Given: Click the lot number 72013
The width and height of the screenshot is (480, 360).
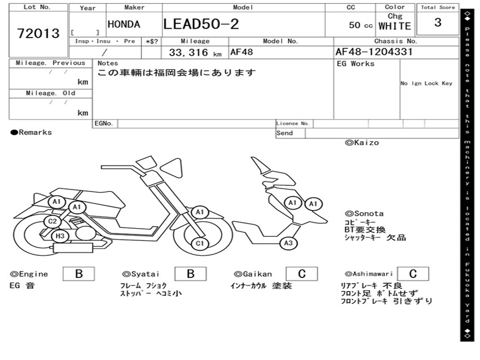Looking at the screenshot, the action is click(38, 34).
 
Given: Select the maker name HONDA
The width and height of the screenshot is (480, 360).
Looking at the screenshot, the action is click(124, 25).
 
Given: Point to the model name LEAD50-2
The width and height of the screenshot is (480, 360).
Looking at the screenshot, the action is click(201, 24).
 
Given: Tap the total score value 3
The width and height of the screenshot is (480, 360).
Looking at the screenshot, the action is click(438, 22).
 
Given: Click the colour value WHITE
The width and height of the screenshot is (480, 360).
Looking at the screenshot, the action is click(395, 26).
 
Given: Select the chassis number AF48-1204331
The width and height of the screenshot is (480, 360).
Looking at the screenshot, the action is click(374, 52).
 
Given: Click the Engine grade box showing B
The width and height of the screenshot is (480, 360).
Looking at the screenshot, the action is click(79, 274).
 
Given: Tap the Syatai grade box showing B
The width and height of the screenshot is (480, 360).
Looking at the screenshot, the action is click(190, 274).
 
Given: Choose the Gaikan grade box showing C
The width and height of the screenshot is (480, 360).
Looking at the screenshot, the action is click(301, 274).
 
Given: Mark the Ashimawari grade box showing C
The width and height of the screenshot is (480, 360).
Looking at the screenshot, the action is click(413, 274).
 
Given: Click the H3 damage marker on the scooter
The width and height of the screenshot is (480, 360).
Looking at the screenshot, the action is click(60, 236).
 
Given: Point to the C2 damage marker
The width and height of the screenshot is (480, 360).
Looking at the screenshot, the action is click(52, 221).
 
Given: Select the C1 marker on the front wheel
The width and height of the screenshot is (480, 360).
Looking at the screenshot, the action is click(200, 243).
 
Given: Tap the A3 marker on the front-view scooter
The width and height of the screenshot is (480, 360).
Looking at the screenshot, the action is click(288, 243).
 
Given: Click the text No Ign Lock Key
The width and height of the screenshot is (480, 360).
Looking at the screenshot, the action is click(426, 83).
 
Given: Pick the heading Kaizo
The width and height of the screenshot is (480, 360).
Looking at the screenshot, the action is click(362, 142).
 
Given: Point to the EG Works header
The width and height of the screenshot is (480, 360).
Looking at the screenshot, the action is click(356, 64).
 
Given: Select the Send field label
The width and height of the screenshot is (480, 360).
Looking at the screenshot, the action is click(285, 133).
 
